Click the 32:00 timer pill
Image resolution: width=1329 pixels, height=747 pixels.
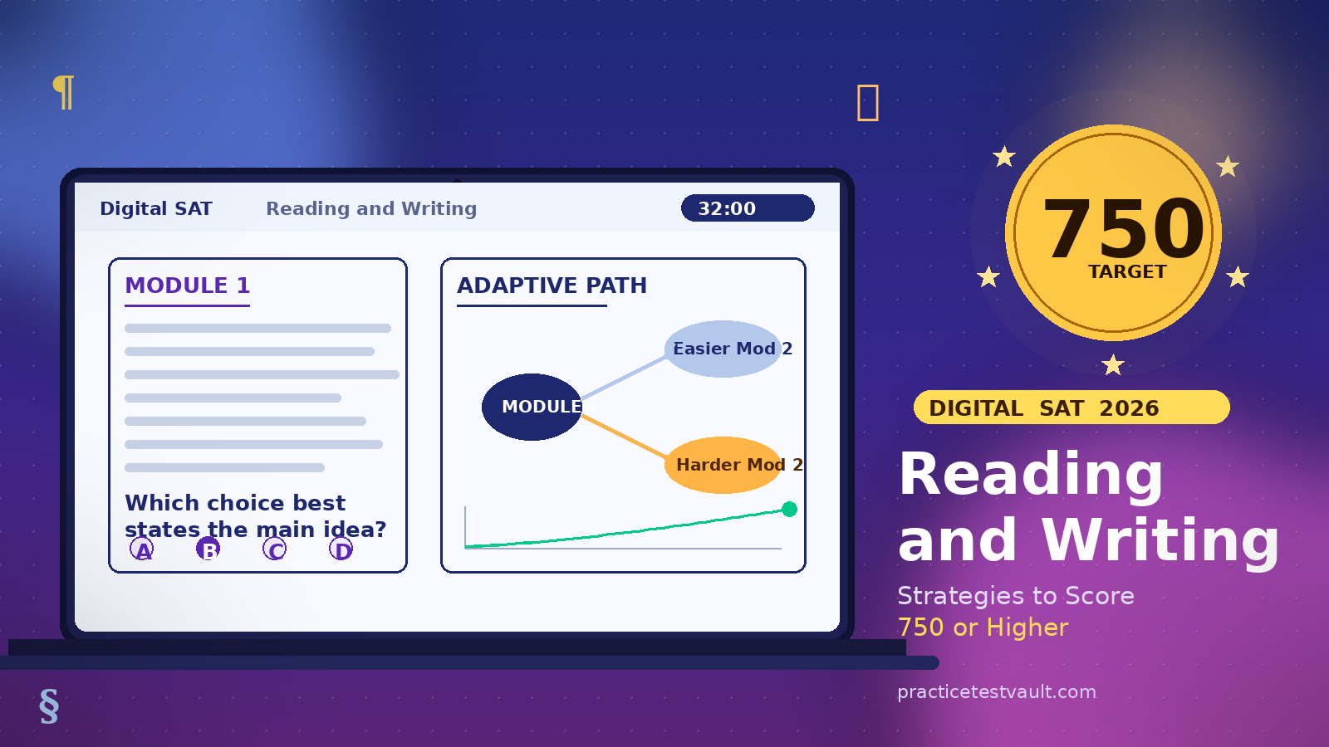tap(747, 208)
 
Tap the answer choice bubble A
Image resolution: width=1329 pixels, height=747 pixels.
tap(142, 549)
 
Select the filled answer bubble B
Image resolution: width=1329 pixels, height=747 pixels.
tap(208, 549)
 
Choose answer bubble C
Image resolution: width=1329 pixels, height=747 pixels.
tap(275, 549)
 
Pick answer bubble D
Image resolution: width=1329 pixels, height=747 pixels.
tap(341, 549)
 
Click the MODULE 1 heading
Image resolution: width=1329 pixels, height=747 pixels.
tap(187, 286)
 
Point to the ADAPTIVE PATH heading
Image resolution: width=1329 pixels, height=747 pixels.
tap(552, 286)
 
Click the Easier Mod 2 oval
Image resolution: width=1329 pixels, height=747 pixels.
tap(723, 349)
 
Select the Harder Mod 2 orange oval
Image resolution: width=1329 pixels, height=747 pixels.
tap(723, 465)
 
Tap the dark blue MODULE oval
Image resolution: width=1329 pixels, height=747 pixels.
tap(532, 407)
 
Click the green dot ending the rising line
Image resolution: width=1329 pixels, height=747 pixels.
tap(789, 509)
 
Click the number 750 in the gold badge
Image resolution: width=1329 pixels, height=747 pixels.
tap(1123, 228)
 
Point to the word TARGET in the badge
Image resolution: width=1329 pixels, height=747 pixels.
tap(1127, 272)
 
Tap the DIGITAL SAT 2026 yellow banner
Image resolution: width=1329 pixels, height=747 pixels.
tap(1071, 408)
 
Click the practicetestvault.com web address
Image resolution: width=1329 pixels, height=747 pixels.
tap(997, 691)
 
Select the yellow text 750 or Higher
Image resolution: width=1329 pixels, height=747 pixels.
tap(983, 627)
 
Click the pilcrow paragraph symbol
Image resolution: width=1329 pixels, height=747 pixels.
tap(63, 91)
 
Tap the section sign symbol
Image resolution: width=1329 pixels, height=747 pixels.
tap(49, 705)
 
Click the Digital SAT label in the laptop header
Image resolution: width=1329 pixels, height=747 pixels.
tap(156, 208)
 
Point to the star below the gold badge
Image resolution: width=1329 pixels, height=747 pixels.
tap(1113, 364)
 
